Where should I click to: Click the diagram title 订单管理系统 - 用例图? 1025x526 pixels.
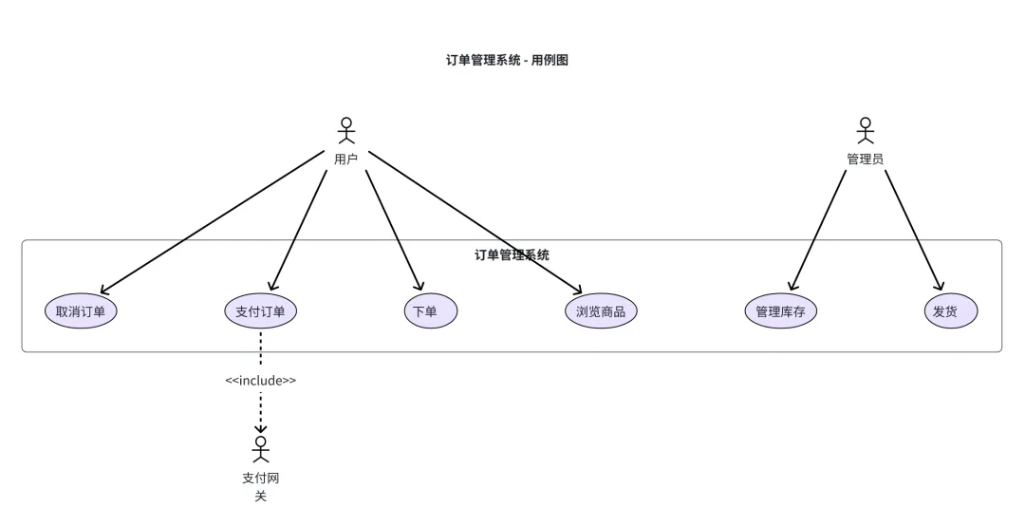click(507, 60)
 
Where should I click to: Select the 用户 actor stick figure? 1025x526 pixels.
click(346, 130)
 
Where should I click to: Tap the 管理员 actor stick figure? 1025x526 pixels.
click(865, 130)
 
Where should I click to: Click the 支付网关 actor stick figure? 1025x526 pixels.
click(261, 449)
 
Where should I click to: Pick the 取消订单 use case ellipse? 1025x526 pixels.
click(81, 311)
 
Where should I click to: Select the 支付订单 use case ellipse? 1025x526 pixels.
click(261, 311)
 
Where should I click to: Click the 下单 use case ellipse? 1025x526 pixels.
click(430, 311)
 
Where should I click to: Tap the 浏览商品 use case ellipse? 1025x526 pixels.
click(601, 311)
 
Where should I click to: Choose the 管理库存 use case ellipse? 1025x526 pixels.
click(780, 311)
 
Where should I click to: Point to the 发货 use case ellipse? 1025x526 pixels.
click(950, 311)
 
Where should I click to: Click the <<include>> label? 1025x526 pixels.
click(261, 381)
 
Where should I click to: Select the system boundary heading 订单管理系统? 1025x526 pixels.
click(512, 254)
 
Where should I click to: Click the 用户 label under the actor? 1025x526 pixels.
click(346, 159)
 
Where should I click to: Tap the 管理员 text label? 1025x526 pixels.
click(865, 159)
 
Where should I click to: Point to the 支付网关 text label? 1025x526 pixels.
click(261, 486)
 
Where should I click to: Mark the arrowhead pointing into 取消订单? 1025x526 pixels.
click(103, 291)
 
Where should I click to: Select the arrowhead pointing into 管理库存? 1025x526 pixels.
click(791, 284)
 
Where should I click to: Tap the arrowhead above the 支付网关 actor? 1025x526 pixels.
click(261, 428)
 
